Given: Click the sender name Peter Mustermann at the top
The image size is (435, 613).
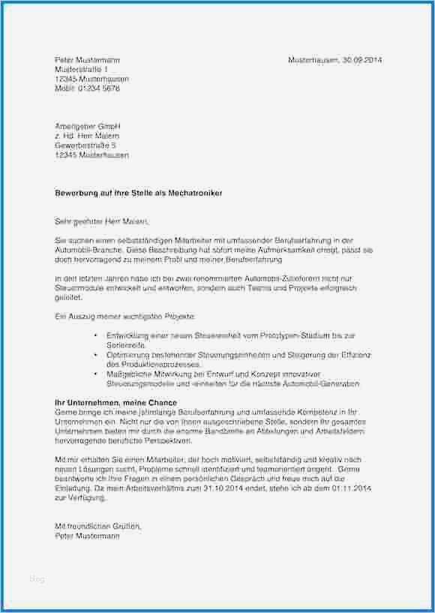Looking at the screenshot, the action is tap(87, 59).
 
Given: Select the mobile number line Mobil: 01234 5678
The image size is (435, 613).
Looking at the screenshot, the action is tap(87, 88).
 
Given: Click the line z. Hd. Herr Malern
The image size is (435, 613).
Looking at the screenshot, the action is tap(86, 136).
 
